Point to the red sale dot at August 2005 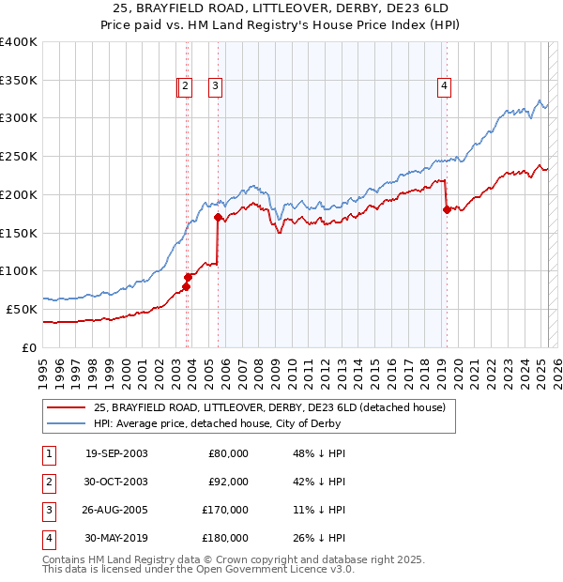[218, 218]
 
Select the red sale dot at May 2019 [447, 210]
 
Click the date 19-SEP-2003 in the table [116, 453]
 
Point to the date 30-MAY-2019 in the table [116, 538]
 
